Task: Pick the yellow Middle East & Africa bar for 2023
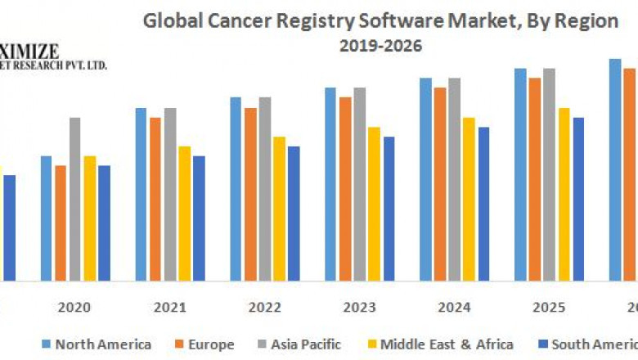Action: (374, 204)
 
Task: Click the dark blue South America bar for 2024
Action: (483, 204)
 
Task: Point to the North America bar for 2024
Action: (425, 179)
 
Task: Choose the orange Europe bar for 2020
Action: (61, 223)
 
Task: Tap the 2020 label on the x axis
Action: (74, 308)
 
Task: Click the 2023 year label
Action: (360, 308)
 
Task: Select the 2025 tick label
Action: (550, 308)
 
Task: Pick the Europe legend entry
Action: (210, 344)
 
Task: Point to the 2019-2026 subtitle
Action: (380, 46)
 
